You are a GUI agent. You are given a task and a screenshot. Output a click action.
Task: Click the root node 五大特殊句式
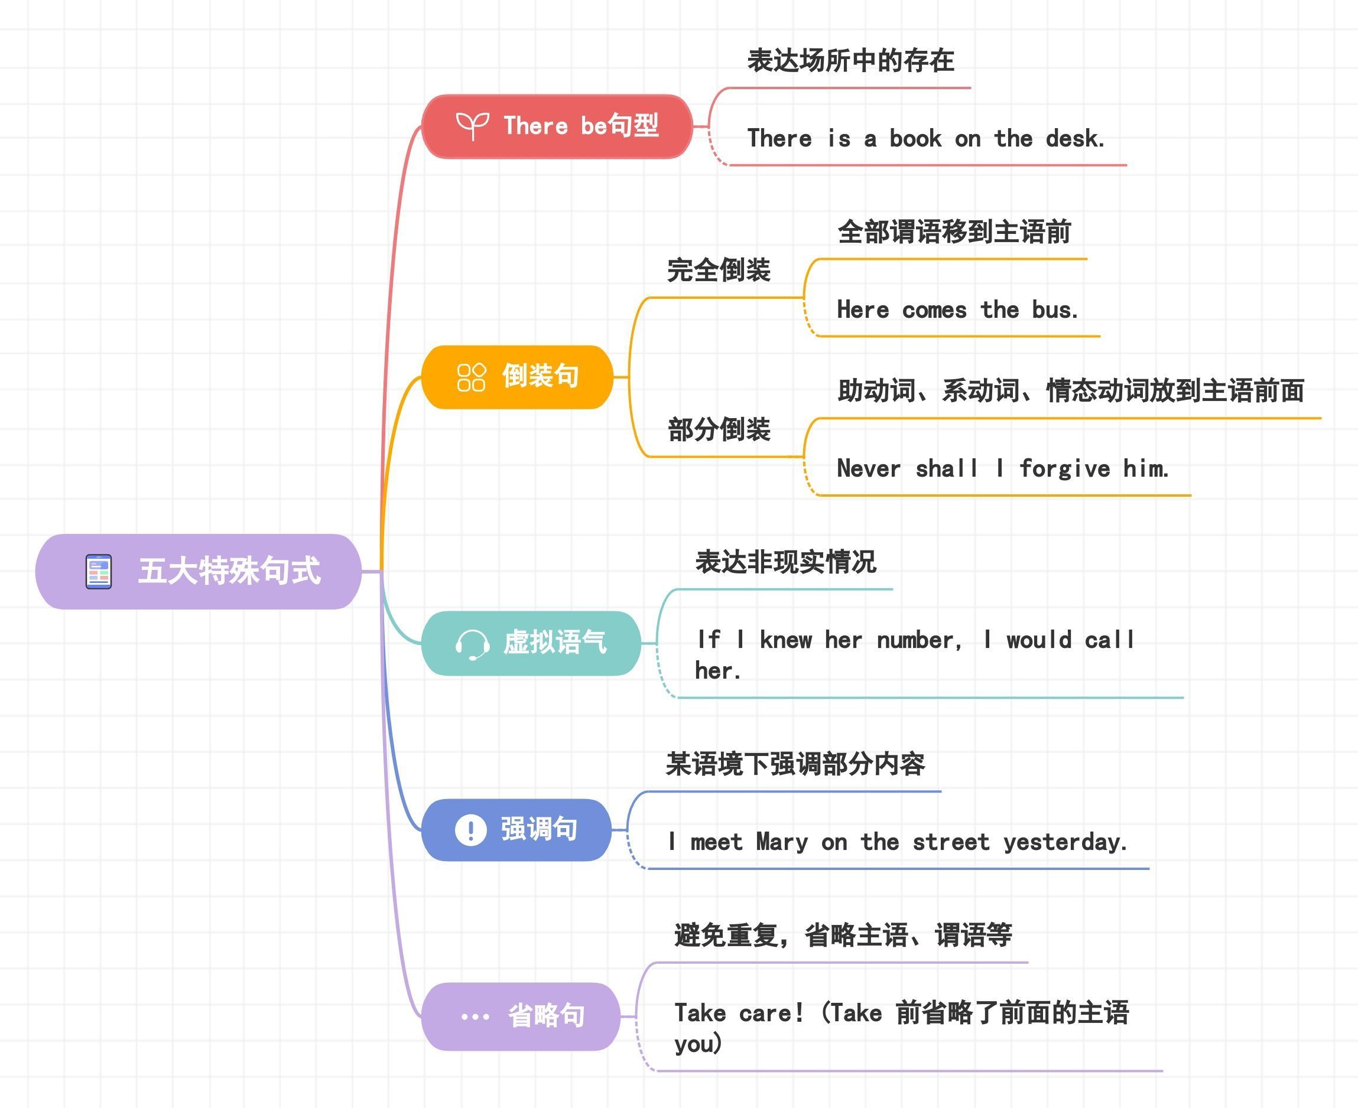[x=199, y=571]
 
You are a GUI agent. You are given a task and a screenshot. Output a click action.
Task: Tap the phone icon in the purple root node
[x=98, y=571]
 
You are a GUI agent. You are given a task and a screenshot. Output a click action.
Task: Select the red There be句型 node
[x=557, y=126]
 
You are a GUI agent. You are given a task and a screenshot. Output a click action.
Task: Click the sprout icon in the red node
[x=472, y=126]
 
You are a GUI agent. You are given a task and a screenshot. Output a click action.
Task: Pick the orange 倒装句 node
[x=517, y=377]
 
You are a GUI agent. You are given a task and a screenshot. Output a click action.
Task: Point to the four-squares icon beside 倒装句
[x=471, y=377]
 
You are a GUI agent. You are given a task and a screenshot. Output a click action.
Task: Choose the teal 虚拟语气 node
[x=531, y=643]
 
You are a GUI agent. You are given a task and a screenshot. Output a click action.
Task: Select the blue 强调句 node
[x=516, y=830]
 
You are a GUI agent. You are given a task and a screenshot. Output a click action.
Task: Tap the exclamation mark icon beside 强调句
[x=470, y=830]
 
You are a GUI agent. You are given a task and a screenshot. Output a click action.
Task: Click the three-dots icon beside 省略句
[x=475, y=1016]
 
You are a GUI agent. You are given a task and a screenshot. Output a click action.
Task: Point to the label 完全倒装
[x=719, y=270]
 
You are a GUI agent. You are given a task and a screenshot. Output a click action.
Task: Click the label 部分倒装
[x=719, y=429]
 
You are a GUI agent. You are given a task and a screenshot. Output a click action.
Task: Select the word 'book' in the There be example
[x=915, y=138]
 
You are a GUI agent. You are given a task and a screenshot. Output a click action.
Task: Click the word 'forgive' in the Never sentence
[x=1064, y=469]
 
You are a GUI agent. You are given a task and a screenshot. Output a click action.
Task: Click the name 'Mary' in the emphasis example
[x=781, y=842]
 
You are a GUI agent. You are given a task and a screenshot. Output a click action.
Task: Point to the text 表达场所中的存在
[x=850, y=61]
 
